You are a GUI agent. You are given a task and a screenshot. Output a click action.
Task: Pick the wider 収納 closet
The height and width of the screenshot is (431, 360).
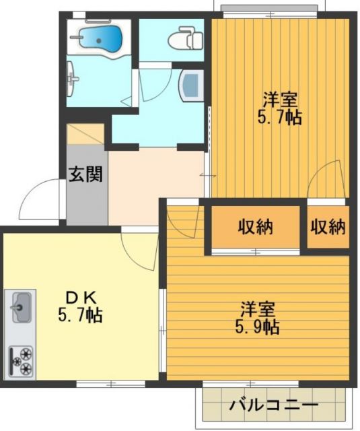click(255, 227)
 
